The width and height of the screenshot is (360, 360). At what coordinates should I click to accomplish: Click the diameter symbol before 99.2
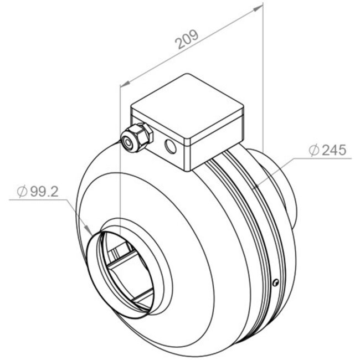[22, 192]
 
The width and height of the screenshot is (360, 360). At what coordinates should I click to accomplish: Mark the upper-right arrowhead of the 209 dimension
[258, 9]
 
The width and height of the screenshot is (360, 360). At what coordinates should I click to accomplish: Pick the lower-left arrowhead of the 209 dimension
[125, 83]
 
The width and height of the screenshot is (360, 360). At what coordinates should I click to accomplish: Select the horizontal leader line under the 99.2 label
[39, 200]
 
